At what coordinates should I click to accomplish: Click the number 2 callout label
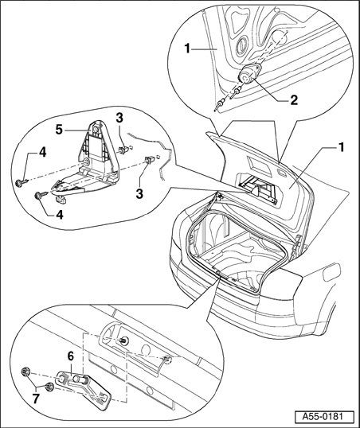coord(294,100)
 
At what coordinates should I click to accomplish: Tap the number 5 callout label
coord(59,130)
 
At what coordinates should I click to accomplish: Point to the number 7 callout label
coord(36,399)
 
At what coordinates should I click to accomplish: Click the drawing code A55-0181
coord(324,417)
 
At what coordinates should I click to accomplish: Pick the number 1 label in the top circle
coord(187,49)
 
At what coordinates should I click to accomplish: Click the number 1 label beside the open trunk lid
coord(341,148)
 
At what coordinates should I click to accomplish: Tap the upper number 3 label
coord(119,119)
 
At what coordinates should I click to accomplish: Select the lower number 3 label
coord(139,194)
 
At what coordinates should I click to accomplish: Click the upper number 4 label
coord(42,153)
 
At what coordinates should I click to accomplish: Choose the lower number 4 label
coord(59,215)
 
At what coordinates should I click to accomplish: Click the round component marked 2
coord(249,73)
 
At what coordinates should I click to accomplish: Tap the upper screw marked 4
coord(21,182)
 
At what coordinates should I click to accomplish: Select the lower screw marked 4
coord(40,196)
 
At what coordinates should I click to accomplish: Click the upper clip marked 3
coord(124,150)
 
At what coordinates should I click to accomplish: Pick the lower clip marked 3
coord(149,160)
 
